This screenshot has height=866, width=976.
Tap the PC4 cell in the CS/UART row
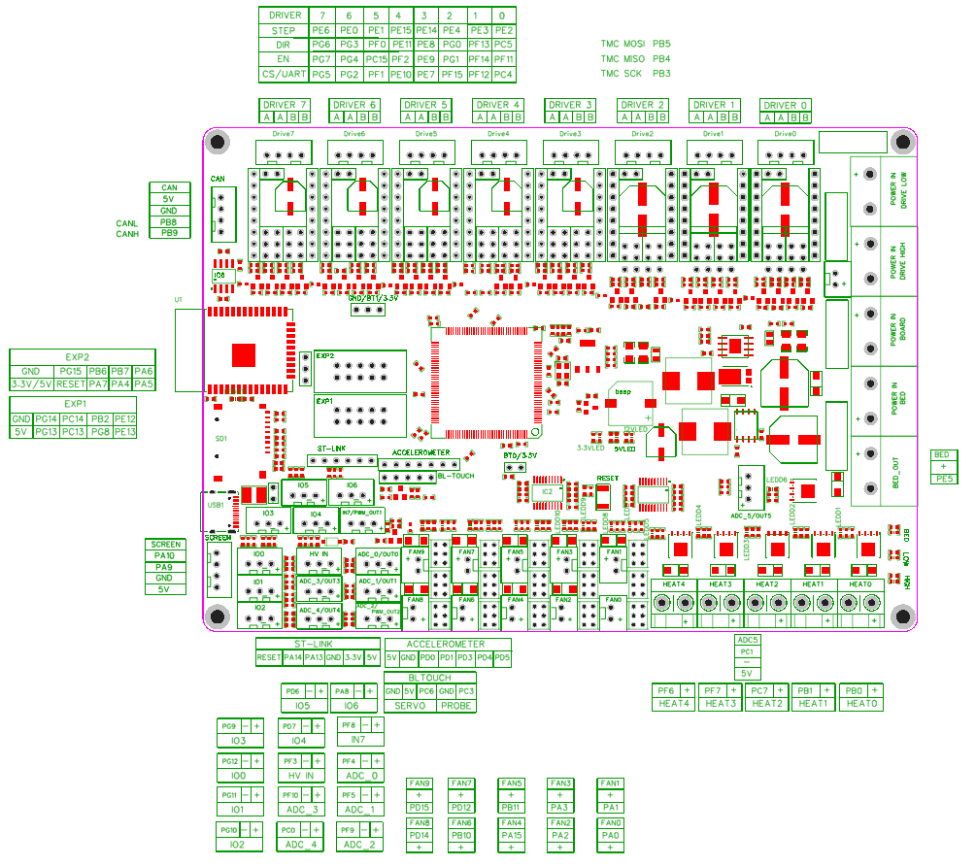(x=503, y=74)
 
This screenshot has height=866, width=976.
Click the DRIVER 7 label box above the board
(x=285, y=105)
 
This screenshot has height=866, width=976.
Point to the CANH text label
(x=127, y=234)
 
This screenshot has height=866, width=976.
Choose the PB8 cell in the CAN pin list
(x=169, y=222)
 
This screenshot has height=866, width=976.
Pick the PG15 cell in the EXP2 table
(x=71, y=371)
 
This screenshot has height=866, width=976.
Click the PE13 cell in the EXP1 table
(x=124, y=431)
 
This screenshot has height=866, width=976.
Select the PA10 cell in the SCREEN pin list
(x=164, y=555)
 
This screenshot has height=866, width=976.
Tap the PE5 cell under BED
(x=942, y=479)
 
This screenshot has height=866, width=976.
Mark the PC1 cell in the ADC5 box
(x=747, y=651)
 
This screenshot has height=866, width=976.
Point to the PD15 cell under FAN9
(x=420, y=807)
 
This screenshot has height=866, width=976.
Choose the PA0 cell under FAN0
(x=610, y=834)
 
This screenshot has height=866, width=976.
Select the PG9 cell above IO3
(x=229, y=726)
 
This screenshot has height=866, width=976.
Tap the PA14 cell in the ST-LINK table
(x=292, y=657)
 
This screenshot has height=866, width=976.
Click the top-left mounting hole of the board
(x=219, y=140)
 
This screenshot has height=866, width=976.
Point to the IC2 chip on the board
(x=548, y=492)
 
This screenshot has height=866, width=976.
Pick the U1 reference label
(x=179, y=299)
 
